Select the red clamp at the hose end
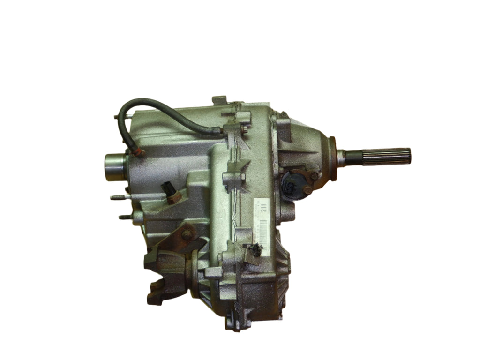138,151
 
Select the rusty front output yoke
164,277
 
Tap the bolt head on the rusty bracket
187,233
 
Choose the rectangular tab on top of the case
219,100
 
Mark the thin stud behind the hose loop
117,115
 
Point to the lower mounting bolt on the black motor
307,191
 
